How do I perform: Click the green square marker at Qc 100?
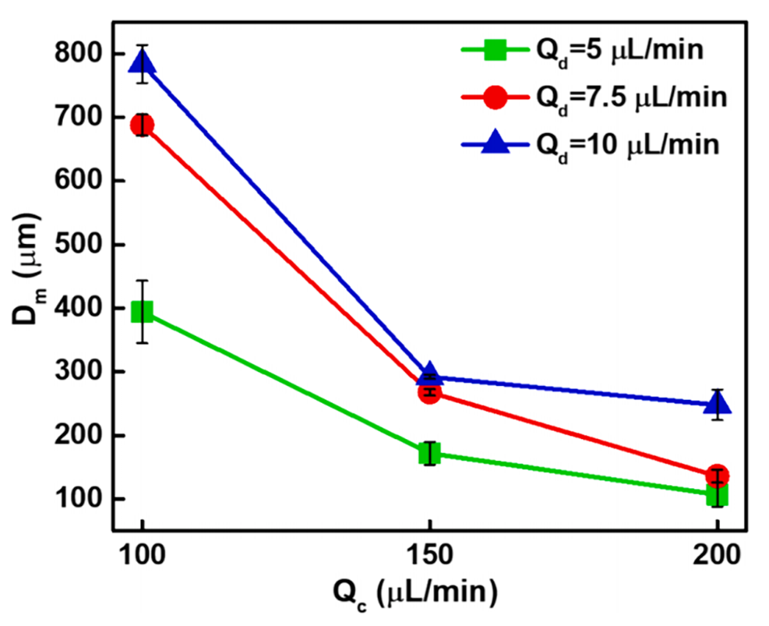(143, 311)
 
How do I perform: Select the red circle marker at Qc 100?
(143, 125)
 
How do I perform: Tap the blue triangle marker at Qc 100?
(143, 62)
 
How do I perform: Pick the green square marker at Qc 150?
(430, 454)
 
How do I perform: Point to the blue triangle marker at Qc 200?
(717, 404)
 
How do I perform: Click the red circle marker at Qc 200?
(717, 475)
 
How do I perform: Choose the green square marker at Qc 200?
(717, 495)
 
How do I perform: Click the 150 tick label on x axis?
(430, 557)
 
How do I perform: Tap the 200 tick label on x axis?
(717, 557)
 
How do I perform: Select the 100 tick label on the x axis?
(143, 557)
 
